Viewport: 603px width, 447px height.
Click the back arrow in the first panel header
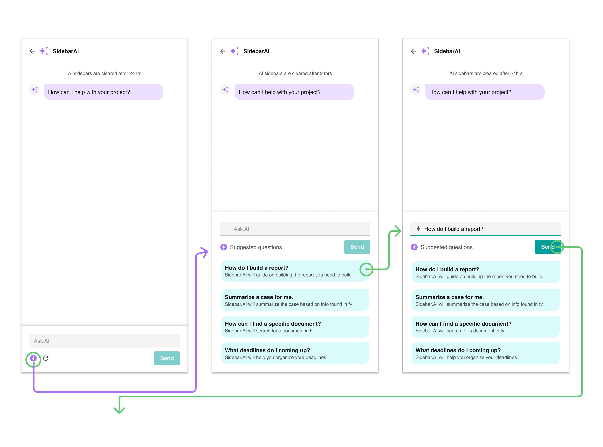point(32,51)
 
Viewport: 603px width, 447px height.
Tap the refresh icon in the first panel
point(46,358)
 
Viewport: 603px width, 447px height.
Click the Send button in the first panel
point(167,358)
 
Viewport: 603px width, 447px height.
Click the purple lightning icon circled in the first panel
point(33,358)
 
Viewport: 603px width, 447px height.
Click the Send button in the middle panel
point(357,247)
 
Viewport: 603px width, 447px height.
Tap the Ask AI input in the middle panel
point(295,229)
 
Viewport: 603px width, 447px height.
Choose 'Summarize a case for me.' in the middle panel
point(295,300)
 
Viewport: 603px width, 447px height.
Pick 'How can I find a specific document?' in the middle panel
point(295,327)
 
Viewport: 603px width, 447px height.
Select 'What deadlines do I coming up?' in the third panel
point(486,353)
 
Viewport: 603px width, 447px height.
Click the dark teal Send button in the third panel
point(548,247)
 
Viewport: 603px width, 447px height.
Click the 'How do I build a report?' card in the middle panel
point(295,271)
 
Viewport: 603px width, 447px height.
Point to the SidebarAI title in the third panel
point(447,51)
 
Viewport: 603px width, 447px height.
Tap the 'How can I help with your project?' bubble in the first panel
point(103,92)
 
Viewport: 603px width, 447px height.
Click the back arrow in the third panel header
point(414,51)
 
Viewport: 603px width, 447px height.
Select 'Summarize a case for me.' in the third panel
point(486,300)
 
